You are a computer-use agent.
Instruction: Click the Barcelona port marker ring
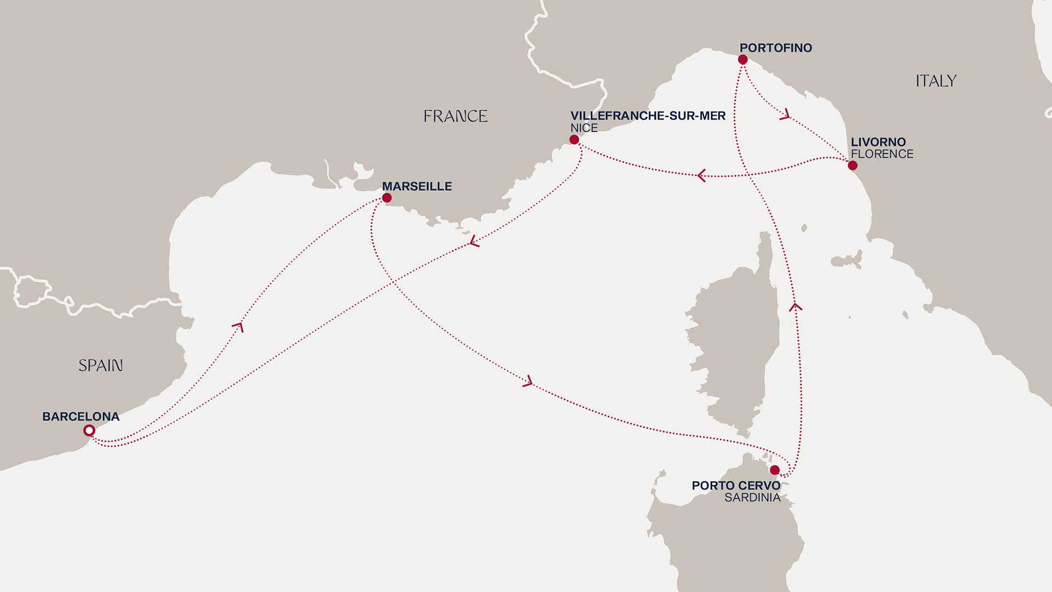89,431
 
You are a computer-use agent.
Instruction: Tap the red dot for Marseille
387,198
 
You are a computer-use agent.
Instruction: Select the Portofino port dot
743,60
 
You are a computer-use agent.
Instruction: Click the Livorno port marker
853,166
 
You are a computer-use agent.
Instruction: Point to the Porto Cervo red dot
775,470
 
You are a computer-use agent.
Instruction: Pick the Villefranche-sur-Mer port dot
574,140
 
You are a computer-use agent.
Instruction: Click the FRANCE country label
455,116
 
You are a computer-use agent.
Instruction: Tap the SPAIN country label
100,366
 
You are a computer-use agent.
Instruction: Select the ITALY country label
936,81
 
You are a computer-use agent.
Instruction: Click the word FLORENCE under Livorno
882,155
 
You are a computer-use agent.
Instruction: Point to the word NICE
584,128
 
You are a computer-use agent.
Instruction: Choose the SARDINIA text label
752,498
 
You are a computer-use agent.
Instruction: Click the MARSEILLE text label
417,186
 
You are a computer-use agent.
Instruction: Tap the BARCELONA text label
81,417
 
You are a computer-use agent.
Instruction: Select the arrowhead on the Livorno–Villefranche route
701,175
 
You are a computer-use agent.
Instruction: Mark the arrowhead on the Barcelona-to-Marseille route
238,327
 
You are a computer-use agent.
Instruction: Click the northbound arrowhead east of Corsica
796,307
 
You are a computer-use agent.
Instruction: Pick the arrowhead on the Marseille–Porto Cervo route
528,382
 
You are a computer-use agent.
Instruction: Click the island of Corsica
734,340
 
